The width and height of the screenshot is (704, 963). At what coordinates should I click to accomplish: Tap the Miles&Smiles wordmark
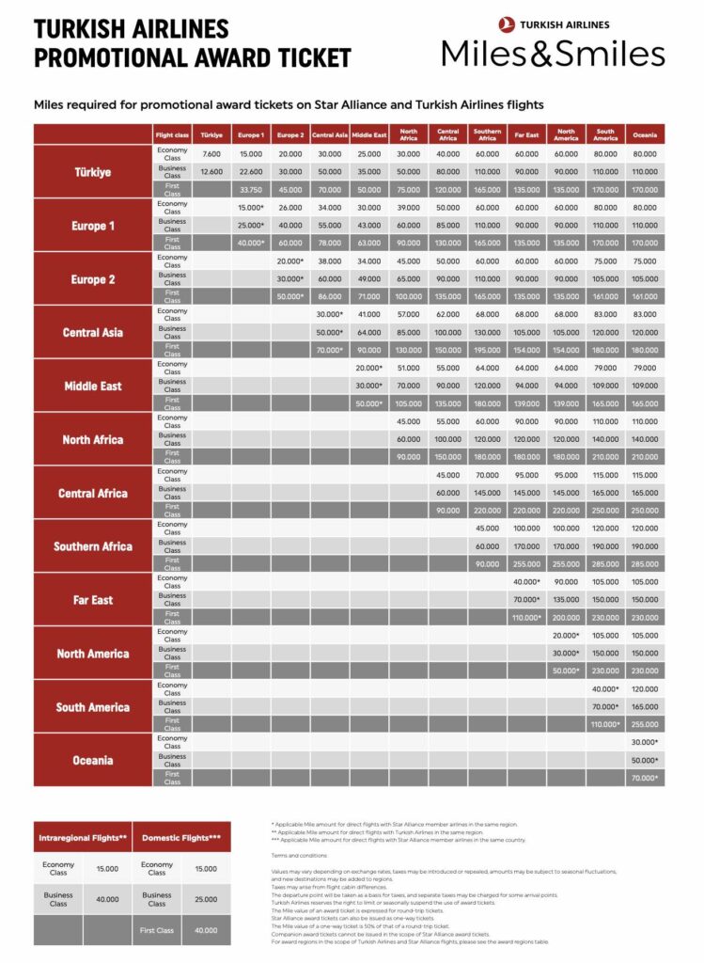point(554,53)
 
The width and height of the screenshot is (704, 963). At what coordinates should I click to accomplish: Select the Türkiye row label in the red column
point(93,172)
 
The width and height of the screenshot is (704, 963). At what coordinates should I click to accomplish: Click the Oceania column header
point(645,134)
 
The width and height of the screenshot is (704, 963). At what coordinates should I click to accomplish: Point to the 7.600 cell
point(211,154)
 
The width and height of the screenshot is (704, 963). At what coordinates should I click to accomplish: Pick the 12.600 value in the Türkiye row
point(211,172)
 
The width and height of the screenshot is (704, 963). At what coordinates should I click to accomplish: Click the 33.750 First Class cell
point(251,190)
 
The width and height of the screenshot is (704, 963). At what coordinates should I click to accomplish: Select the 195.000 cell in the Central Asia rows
point(487,351)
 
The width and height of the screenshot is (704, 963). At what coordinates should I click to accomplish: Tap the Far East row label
point(93,600)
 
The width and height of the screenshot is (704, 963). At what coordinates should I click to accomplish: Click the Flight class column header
point(172,134)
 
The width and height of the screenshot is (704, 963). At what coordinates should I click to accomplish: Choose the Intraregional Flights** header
point(83,837)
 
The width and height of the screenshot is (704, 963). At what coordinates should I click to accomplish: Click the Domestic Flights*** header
point(182,837)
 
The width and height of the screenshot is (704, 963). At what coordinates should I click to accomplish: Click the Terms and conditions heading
point(300,856)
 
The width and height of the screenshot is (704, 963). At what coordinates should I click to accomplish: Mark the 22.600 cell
point(251,172)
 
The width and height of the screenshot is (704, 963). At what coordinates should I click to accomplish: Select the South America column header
point(605,134)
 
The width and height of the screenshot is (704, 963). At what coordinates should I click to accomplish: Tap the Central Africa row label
point(93,493)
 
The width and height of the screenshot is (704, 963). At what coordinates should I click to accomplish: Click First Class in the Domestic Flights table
point(157,930)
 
